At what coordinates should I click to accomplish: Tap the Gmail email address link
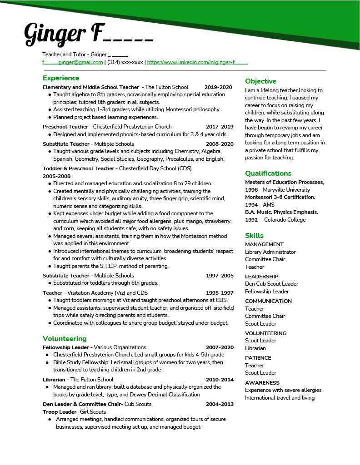click(x=73, y=62)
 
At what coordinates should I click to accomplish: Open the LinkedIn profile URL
click(x=197, y=62)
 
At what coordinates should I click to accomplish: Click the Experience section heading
click(x=61, y=78)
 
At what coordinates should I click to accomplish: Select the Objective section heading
click(x=260, y=81)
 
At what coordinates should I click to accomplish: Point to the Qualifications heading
click(x=268, y=173)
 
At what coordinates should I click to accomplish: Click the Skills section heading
click(x=254, y=235)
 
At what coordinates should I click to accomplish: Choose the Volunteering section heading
click(x=65, y=338)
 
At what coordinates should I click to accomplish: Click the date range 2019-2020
click(x=218, y=87)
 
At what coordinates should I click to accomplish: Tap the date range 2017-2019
click(x=220, y=127)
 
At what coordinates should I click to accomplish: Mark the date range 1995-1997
click(x=220, y=293)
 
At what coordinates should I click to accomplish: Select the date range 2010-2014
click(x=220, y=380)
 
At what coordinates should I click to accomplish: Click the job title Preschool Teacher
click(x=65, y=127)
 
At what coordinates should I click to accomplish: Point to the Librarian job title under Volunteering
click(x=54, y=380)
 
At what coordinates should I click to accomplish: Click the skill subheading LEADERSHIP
click(x=261, y=277)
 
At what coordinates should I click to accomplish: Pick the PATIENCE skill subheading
click(x=258, y=358)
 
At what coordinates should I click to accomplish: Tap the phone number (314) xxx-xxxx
click(x=125, y=62)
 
